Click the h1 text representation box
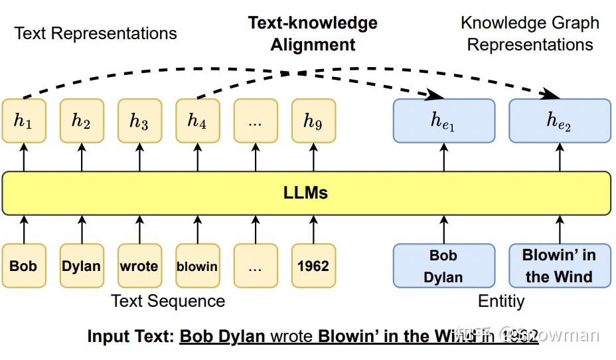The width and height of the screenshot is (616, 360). click(23, 121)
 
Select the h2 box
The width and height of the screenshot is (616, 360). click(82, 121)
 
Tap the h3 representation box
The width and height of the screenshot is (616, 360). click(139, 121)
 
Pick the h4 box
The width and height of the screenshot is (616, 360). click(197, 121)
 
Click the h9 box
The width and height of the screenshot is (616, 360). click(313, 121)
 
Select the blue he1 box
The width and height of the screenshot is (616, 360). click(443, 121)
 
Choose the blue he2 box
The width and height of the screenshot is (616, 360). click(559, 121)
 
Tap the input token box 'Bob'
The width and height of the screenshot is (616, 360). click(23, 266)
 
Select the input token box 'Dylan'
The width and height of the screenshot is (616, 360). click(82, 266)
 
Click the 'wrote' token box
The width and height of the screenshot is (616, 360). click(139, 266)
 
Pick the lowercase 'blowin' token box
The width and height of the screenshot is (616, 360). click(197, 266)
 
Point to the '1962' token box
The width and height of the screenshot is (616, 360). click(313, 266)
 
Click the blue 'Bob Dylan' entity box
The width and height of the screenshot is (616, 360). click(443, 266)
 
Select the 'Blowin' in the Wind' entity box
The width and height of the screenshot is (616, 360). click(559, 266)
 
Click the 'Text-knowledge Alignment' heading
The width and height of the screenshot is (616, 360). click(313, 34)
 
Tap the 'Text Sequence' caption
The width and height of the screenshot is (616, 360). click(168, 301)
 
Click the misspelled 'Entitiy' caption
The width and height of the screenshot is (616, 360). click(501, 301)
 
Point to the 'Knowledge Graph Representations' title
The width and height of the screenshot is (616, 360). click(530, 34)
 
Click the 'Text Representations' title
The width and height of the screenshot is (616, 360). click(96, 33)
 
